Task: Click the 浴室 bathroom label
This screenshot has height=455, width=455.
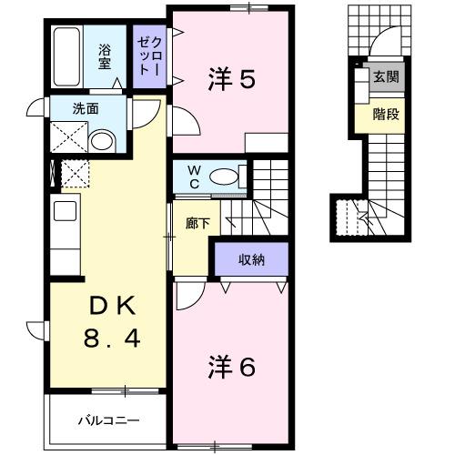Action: click(x=106, y=57)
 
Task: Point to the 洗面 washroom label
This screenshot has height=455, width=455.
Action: click(x=63, y=108)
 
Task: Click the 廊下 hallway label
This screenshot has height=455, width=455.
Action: click(x=197, y=223)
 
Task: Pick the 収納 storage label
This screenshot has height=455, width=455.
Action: click(x=250, y=261)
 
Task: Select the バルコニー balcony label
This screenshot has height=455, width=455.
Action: click(x=106, y=421)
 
